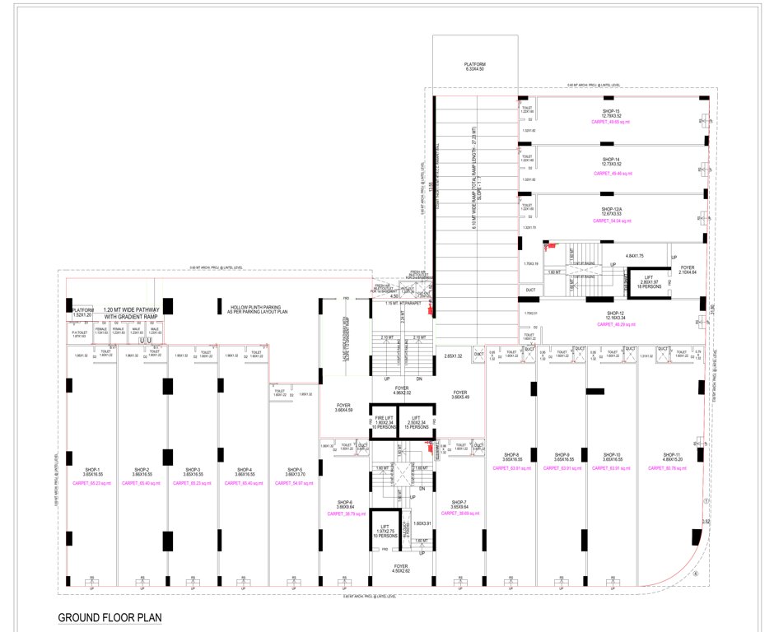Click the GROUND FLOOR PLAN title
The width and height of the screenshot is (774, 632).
(109, 617)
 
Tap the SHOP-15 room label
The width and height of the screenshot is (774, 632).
(610, 112)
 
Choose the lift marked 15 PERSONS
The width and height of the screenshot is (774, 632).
(419, 423)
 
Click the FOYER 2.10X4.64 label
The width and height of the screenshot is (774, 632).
(688, 270)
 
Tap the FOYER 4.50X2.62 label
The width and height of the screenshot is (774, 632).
(402, 568)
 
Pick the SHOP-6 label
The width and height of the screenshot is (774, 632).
(344, 504)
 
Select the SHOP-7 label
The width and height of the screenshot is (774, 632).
(459, 504)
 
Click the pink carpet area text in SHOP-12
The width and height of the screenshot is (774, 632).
(613, 325)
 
